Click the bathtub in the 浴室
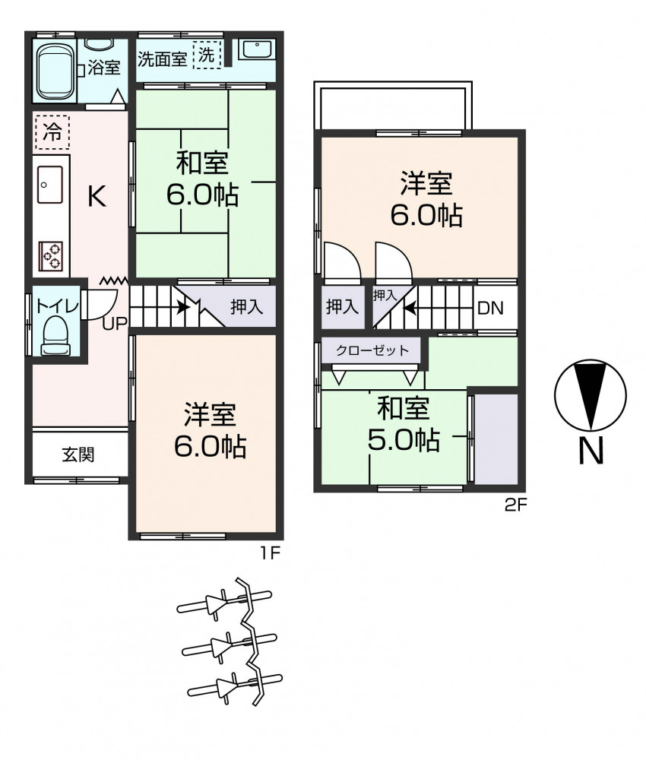(x=55, y=70)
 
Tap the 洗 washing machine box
(x=207, y=55)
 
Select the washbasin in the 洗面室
(x=258, y=50)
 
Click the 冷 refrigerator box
(x=52, y=131)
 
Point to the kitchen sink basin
(x=50, y=185)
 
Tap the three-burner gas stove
(x=51, y=255)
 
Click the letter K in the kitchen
(x=97, y=196)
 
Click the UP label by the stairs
(x=115, y=323)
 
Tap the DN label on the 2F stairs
(x=490, y=308)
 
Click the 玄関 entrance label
(x=78, y=454)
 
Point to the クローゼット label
(x=372, y=350)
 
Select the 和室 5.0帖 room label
(x=404, y=425)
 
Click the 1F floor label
(x=271, y=553)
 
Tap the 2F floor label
(x=515, y=505)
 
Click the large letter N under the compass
(x=591, y=450)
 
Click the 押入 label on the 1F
(x=247, y=306)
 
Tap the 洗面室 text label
(x=163, y=59)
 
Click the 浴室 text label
(x=103, y=68)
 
